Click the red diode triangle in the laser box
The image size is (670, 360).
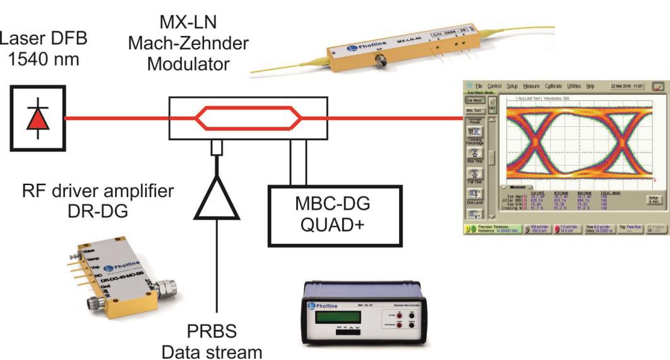tap(37, 118)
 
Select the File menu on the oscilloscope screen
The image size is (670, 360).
tap(479, 85)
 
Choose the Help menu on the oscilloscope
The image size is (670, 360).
tap(590, 85)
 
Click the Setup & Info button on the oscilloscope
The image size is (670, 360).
tap(654, 200)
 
